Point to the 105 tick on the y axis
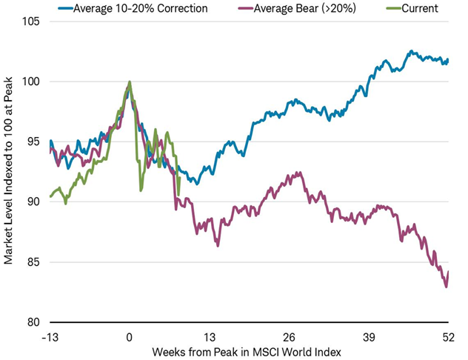tap(33, 21)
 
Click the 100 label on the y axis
tap(33, 81)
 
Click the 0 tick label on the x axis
tap(130, 335)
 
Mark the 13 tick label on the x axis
tap(210, 335)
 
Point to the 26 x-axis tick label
tap(290, 335)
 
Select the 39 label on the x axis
tap(370, 335)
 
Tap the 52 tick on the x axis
tap(448, 335)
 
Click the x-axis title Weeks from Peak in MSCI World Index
tap(248, 350)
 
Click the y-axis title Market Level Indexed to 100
tap(9, 172)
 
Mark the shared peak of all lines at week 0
tap(130, 82)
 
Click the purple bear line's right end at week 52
tap(449, 272)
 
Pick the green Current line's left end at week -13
tap(50, 196)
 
